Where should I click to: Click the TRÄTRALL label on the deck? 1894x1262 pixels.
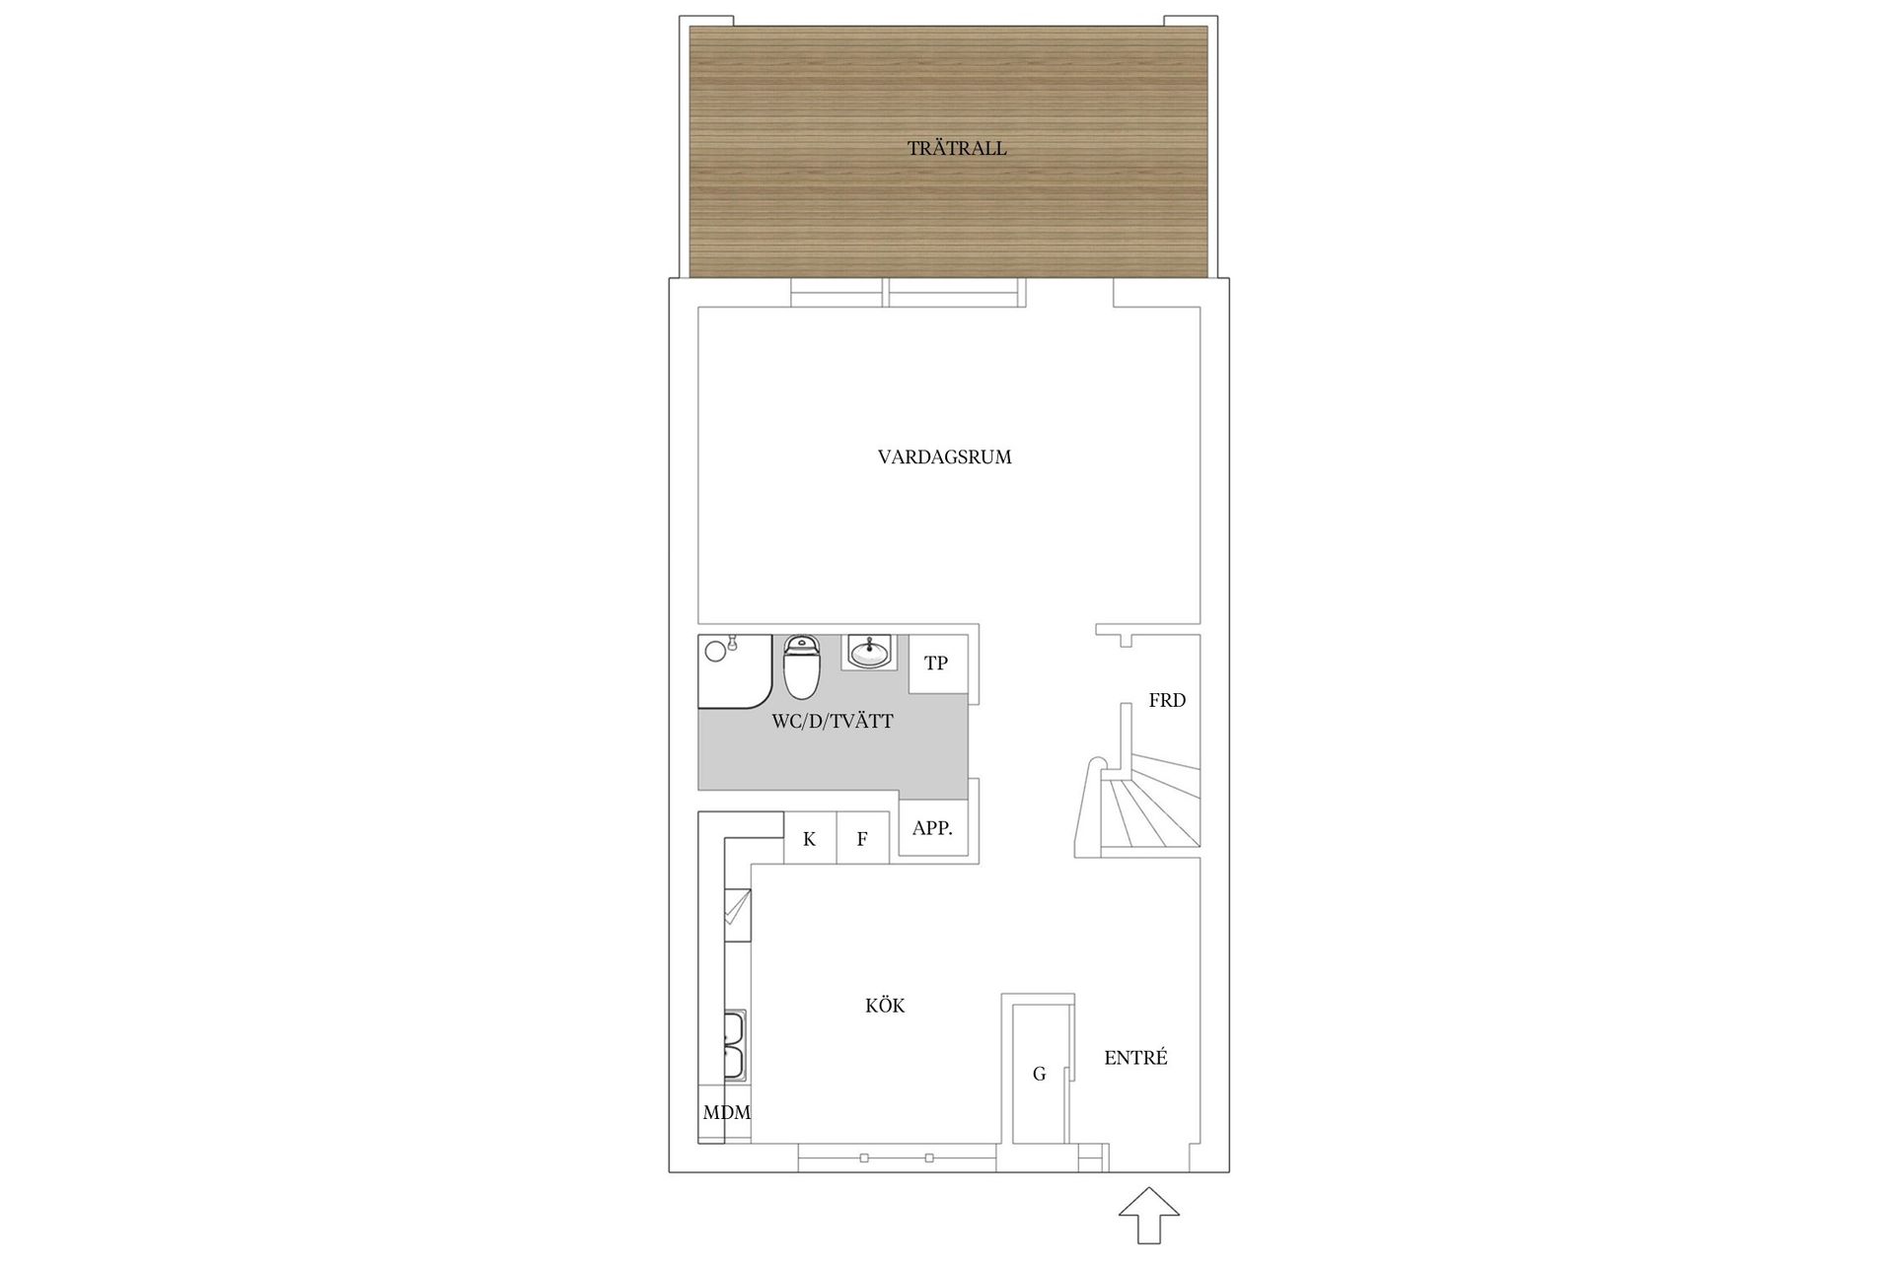pyautogui.click(x=957, y=149)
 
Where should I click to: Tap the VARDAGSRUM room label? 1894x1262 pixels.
pyautogui.click(x=944, y=457)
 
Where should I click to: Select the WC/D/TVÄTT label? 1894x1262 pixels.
pyautogui.click(x=832, y=722)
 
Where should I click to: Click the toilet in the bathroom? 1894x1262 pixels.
pyautogui.click(x=801, y=666)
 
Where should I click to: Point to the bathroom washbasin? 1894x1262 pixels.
pyautogui.click(x=869, y=652)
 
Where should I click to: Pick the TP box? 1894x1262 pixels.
pyautogui.click(x=936, y=664)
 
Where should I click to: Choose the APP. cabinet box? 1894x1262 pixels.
pyautogui.click(x=932, y=829)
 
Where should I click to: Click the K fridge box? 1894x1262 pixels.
pyautogui.click(x=810, y=839)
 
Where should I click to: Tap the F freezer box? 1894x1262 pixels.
pyautogui.click(x=862, y=839)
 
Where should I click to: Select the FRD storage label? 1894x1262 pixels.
pyautogui.click(x=1167, y=701)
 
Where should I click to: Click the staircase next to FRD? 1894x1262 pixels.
pyautogui.click(x=1144, y=808)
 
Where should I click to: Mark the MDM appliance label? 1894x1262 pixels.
pyautogui.click(x=726, y=1113)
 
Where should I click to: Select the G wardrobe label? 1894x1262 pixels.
pyautogui.click(x=1039, y=1074)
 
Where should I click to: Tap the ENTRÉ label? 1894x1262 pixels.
pyautogui.click(x=1135, y=1058)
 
